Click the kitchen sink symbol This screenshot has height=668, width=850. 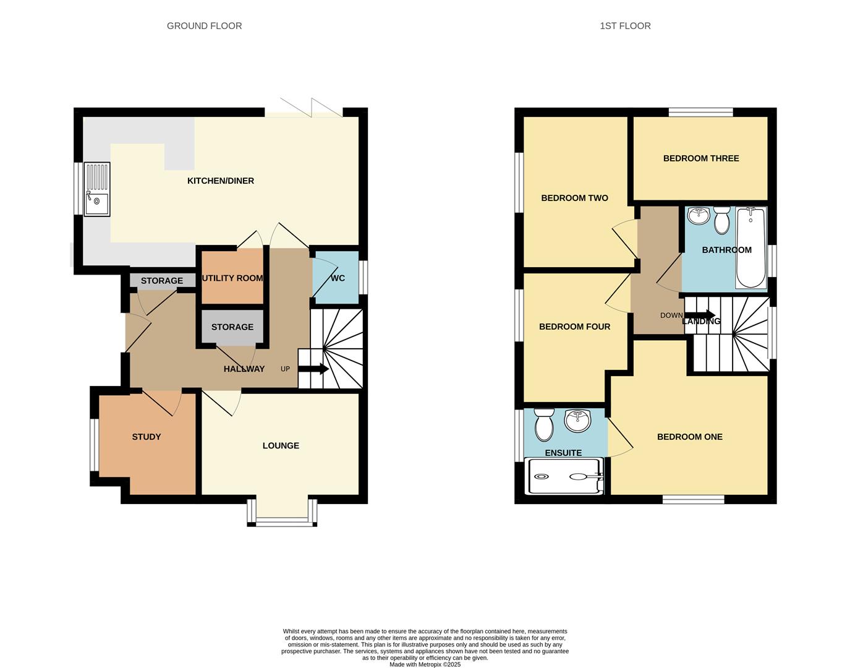click(97, 189)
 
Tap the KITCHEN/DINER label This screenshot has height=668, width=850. click(221, 181)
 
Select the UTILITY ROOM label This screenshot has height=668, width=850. click(232, 278)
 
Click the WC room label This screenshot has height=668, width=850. click(338, 278)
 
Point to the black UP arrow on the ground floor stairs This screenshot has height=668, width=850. click(313, 369)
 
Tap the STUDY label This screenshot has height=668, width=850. click(147, 437)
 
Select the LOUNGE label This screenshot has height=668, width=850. click(281, 445)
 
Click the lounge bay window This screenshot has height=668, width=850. click(282, 521)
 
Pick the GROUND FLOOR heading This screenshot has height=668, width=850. click(204, 26)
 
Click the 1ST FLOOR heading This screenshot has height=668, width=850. click(625, 26)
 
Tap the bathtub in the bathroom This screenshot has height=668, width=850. click(750, 247)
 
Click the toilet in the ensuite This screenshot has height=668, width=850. click(545, 424)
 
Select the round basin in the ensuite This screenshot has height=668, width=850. click(577, 420)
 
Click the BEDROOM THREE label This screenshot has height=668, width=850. click(701, 158)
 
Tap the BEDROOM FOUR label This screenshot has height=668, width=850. click(574, 327)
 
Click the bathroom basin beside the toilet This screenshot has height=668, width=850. click(699, 216)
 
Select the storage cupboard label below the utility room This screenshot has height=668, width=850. click(232, 327)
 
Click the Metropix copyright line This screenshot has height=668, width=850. click(425, 664)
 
